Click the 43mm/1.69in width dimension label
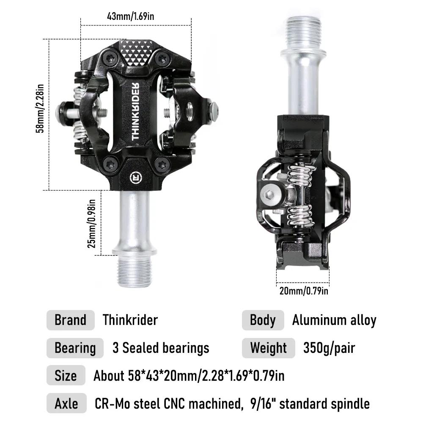click(131, 16)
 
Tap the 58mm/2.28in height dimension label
click(40, 108)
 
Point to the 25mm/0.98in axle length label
click(91, 224)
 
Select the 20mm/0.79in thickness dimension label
click(304, 291)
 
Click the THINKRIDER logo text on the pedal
click(135, 111)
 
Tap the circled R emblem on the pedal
click(136, 177)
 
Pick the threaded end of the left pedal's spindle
click(134, 271)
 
